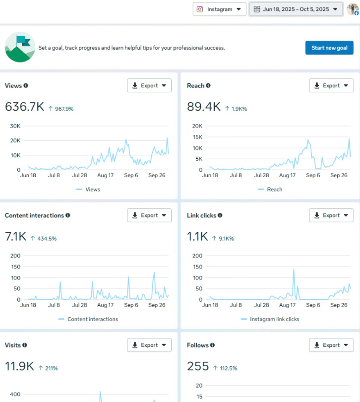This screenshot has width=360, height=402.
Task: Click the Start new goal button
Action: click(x=329, y=48)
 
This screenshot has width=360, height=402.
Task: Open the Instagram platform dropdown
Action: click(x=219, y=9)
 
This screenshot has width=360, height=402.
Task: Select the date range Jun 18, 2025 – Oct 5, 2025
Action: click(x=296, y=9)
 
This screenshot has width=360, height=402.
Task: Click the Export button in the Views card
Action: click(x=149, y=85)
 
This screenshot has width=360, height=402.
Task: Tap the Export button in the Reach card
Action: click(x=331, y=85)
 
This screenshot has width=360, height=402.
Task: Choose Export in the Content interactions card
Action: click(x=149, y=215)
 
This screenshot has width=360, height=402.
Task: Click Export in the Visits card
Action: click(x=149, y=345)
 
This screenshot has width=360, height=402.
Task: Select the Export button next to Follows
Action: click(x=331, y=345)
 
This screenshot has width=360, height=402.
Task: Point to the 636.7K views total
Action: click(x=24, y=106)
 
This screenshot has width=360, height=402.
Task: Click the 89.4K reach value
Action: click(x=203, y=106)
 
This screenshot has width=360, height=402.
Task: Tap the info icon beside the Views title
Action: click(x=26, y=85)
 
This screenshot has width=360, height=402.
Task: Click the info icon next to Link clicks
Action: click(x=220, y=215)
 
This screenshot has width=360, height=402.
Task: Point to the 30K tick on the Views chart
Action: click(x=15, y=126)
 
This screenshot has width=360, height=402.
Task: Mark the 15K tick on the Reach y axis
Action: click(x=197, y=137)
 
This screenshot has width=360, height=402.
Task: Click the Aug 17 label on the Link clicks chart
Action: click(x=288, y=305)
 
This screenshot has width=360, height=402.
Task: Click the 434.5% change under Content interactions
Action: click(x=47, y=239)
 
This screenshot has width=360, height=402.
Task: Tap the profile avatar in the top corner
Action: click(x=353, y=9)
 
